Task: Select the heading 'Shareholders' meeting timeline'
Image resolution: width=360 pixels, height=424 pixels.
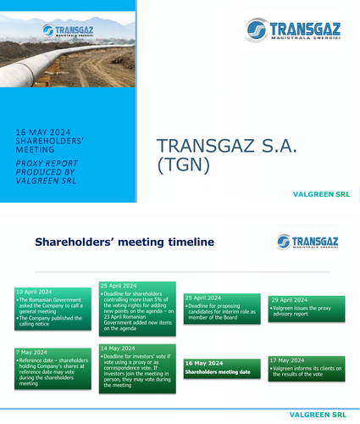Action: tap(125, 242)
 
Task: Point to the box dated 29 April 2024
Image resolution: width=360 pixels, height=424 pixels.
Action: tap(307, 309)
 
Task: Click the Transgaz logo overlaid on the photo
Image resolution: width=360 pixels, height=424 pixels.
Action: tap(68, 31)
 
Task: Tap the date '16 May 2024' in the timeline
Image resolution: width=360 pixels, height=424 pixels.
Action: tap(205, 362)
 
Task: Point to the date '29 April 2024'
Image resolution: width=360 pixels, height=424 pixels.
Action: tap(291, 300)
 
